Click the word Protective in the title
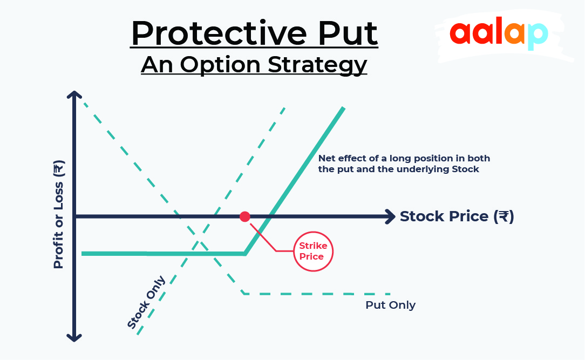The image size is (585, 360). pos(219,33)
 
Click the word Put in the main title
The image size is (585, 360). pos(348,33)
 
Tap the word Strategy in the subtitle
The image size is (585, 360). pos(317,65)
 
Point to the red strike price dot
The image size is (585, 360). pos(245,216)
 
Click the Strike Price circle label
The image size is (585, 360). pos(313,251)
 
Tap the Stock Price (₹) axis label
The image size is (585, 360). pos(457,216)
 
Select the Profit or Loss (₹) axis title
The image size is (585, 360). pos(59,214)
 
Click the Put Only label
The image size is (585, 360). pos(390,305)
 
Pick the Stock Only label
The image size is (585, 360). pos(146,303)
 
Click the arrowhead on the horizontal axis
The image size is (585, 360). pos(391,216)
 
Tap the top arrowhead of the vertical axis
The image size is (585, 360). pos(74,95)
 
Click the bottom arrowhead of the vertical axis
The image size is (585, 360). pos(74,337)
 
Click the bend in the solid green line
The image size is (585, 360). pos(245,254)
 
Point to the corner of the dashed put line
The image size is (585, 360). pos(244,294)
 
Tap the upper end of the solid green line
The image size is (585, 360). pos(343,108)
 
